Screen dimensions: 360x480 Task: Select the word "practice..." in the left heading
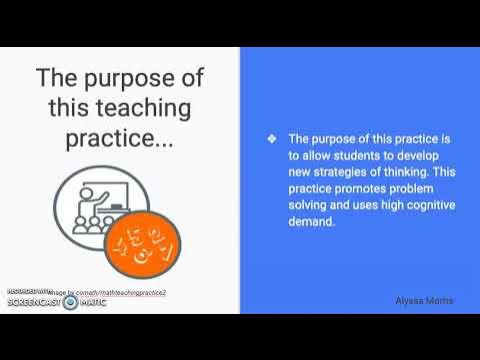tap(120, 138)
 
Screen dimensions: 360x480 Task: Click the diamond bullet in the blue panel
tap(271, 139)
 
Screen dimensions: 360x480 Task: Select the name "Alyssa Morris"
tap(425, 300)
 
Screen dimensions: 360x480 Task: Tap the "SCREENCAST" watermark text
tap(31, 301)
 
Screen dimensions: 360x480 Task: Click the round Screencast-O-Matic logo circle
tap(69, 301)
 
